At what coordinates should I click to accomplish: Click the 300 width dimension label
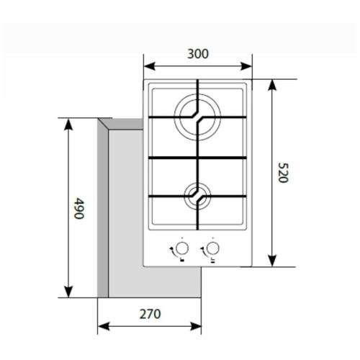(x=198, y=54)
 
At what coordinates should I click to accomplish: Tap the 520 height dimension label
(x=283, y=173)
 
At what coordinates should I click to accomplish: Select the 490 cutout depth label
(x=79, y=208)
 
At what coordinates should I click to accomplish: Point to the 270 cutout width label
(x=150, y=314)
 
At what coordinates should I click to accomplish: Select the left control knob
(x=182, y=248)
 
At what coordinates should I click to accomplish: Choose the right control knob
(x=212, y=248)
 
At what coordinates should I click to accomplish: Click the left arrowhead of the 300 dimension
(x=149, y=66)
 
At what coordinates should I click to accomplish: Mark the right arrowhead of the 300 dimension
(x=246, y=66)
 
